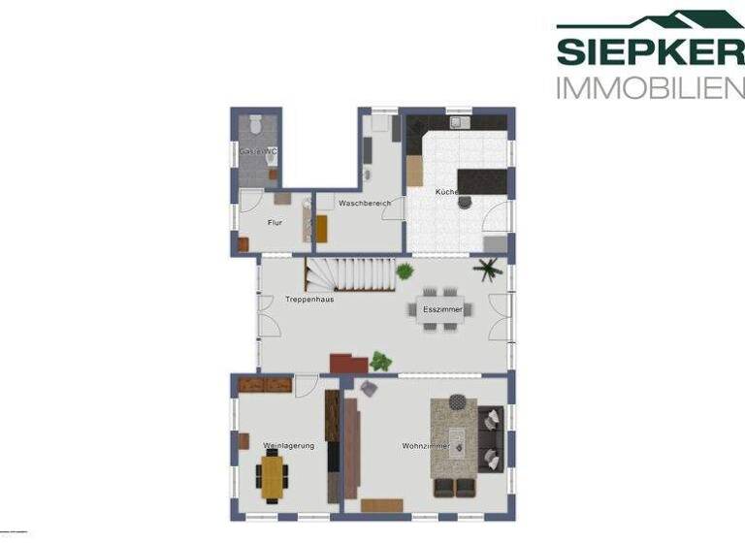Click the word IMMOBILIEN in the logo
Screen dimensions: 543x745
pos(649,88)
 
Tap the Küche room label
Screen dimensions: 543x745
pos(445,193)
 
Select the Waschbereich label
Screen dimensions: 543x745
pos(364,204)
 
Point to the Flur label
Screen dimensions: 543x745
pos(275,222)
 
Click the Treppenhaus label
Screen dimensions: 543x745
pos(309,300)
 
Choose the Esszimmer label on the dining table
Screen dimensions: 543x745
pos(442,309)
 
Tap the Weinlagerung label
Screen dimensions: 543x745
pos(288,446)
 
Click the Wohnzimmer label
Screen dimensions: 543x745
pos(423,446)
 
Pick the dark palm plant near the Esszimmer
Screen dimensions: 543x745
pos(488,269)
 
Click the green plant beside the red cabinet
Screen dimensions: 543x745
pos(380,362)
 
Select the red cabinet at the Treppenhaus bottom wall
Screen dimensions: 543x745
pos(348,363)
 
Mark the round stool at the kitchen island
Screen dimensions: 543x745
pos(465,202)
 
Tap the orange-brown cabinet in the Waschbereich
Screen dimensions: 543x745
pos(322,229)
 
